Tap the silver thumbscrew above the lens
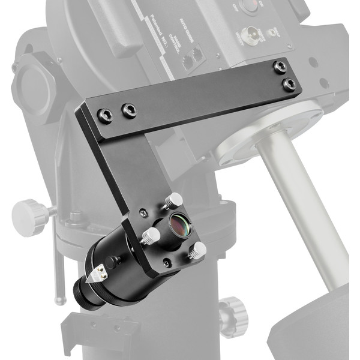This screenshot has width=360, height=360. (175, 200)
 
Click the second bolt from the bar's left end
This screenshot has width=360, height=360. (128, 110)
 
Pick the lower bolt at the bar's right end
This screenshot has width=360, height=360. (290, 83)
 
